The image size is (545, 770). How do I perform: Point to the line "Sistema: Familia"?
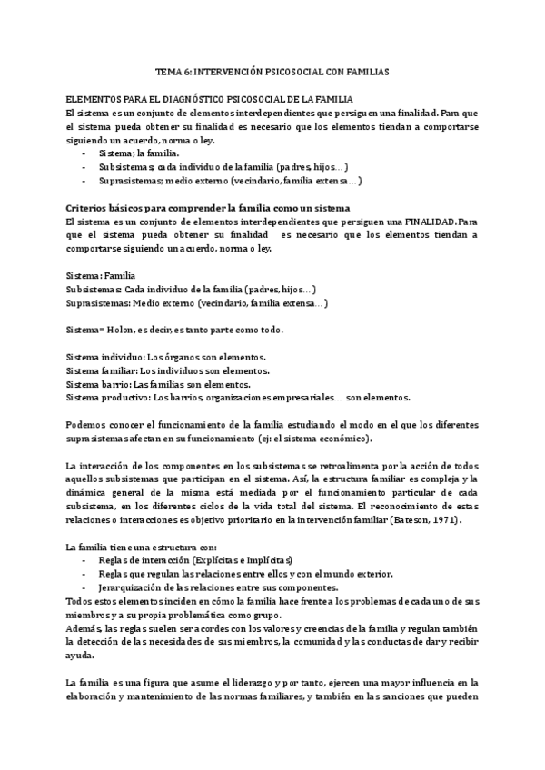click(x=102, y=275)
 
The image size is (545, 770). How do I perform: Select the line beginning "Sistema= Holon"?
click(x=175, y=329)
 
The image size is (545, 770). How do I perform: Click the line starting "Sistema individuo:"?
click(x=167, y=358)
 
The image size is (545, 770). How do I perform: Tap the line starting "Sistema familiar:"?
click(x=166, y=370)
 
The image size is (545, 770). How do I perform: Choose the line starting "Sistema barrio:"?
click(x=159, y=384)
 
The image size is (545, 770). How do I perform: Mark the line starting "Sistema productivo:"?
click(x=239, y=397)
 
